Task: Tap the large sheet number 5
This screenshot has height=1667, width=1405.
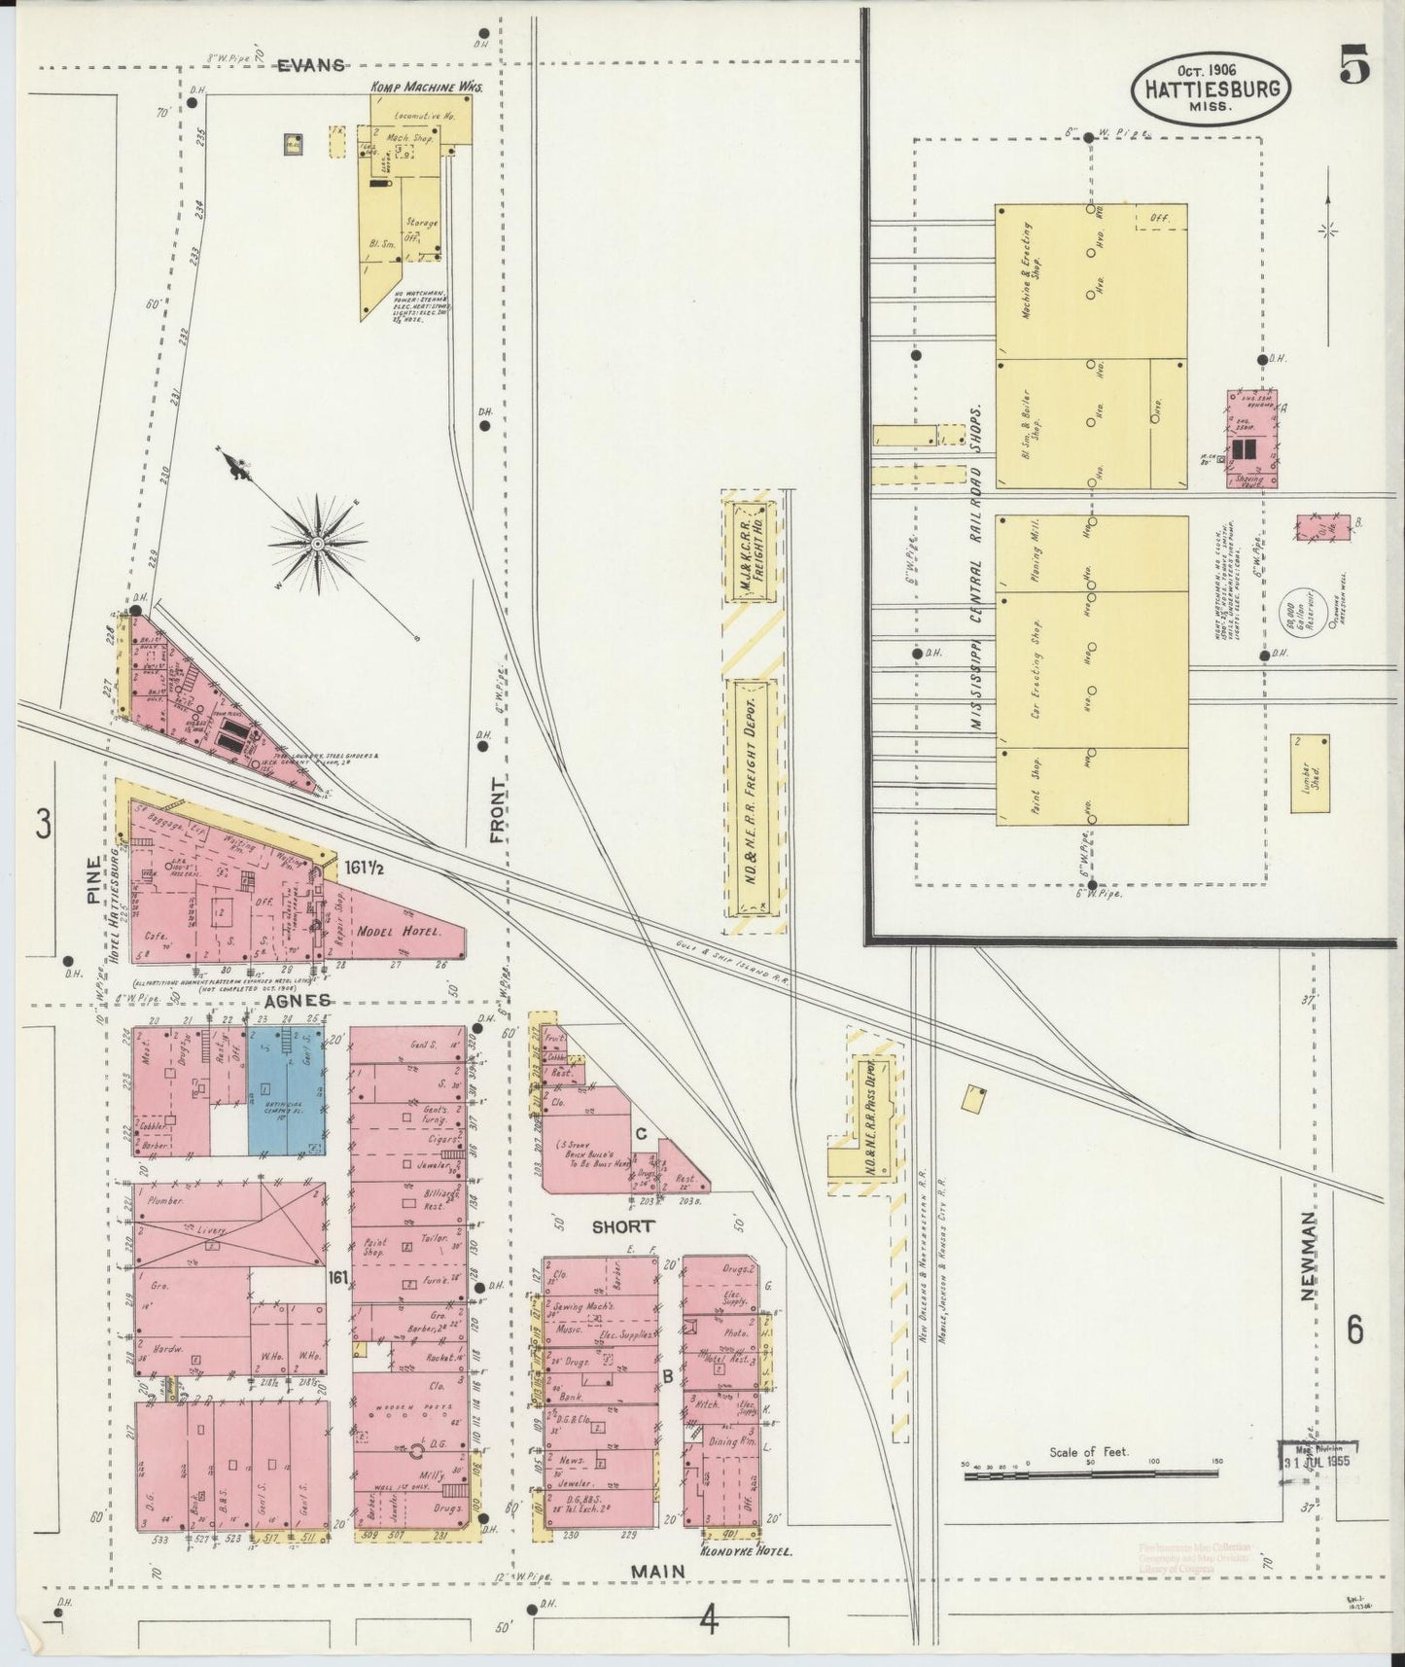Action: pyautogui.click(x=1353, y=68)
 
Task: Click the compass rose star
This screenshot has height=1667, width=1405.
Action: pyautogui.click(x=318, y=541)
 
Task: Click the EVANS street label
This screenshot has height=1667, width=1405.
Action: pyautogui.click(x=311, y=65)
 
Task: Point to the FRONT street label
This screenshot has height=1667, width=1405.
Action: pyautogui.click(x=498, y=809)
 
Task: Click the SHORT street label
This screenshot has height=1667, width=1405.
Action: pyautogui.click(x=622, y=1226)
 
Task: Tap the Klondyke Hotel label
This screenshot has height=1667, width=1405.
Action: pyautogui.click(x=747, y=1552)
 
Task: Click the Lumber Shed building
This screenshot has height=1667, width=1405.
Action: pyautogui.click(x=1310, y=773)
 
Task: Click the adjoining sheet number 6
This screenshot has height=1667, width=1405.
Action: pyautogui.click(x=1353, y=1328)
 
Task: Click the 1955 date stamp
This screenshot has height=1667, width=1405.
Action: pyautogui.click(x=1319, y=1462)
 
